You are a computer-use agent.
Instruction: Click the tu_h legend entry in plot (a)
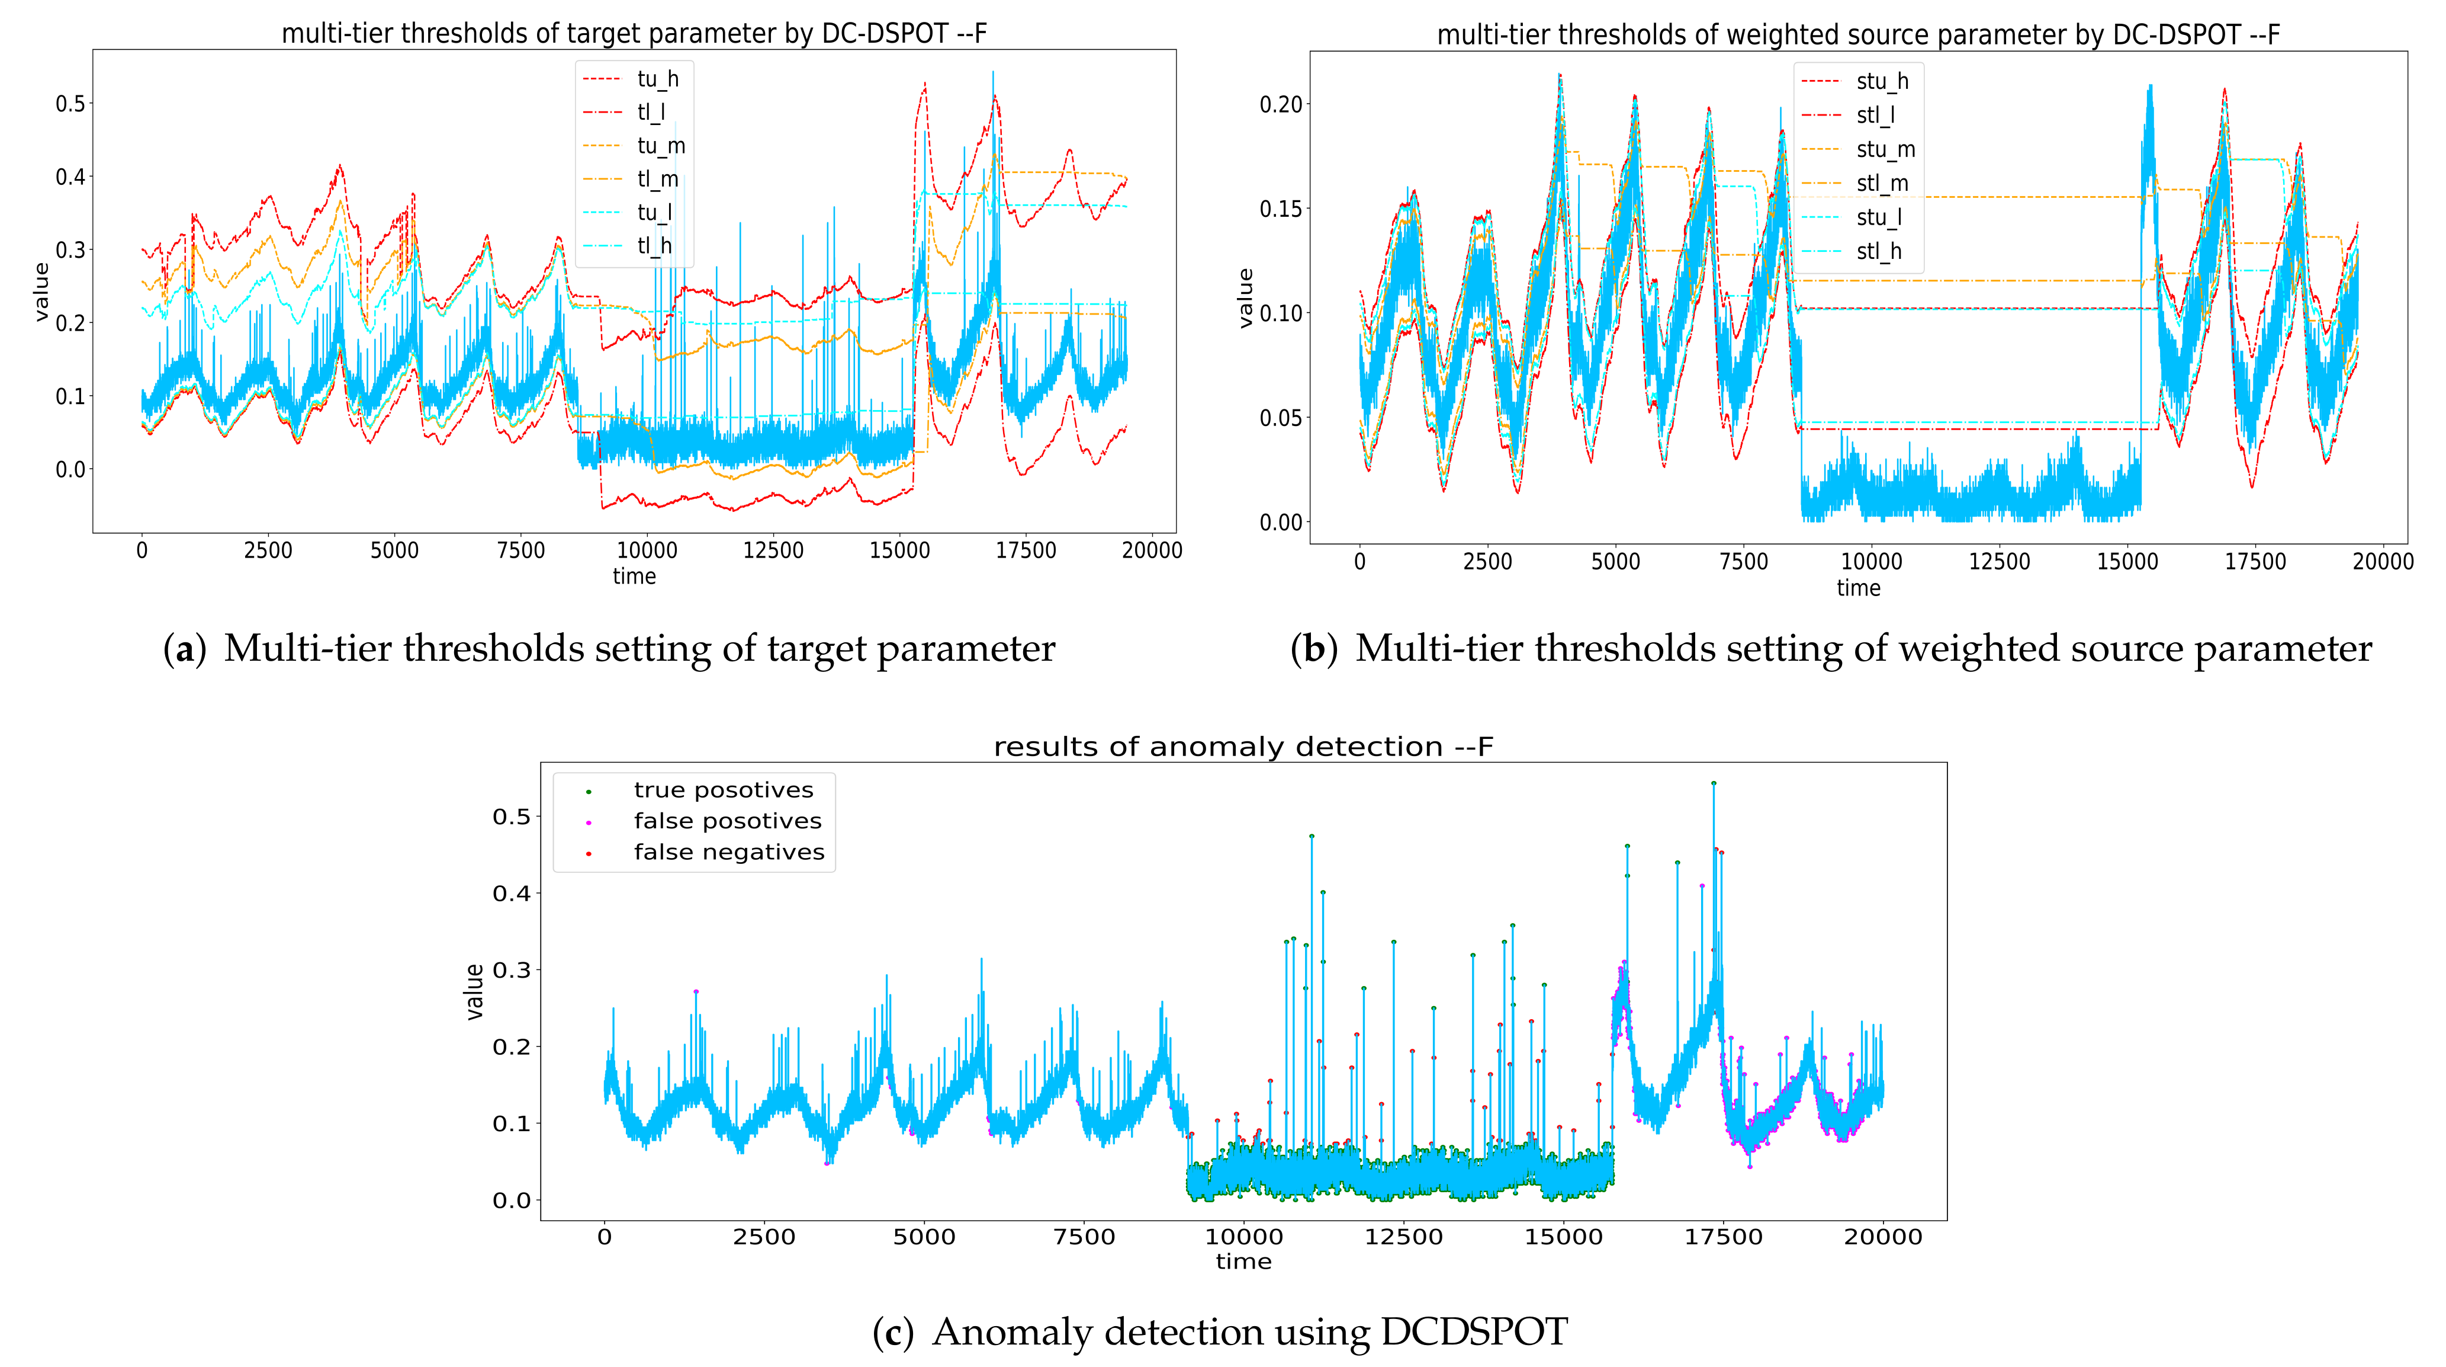[657, 79]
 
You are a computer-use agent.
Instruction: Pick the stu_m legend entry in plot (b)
[1885, 149]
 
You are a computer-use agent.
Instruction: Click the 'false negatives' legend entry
[728, 852]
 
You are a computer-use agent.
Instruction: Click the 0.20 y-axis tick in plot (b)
[1280, 104]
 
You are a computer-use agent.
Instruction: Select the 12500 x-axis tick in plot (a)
[773, 550]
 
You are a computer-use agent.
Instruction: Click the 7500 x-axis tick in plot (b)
[1743, 561]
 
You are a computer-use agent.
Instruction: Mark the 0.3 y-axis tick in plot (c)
[511, 970]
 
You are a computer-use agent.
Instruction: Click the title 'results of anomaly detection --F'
[1243, 747]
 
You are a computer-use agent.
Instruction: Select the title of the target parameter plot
[634, 33]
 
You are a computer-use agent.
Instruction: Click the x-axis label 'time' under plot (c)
[1243, 1262]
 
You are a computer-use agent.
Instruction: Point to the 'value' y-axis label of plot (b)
[1246, 297]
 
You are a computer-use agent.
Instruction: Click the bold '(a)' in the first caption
[184, 649]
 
